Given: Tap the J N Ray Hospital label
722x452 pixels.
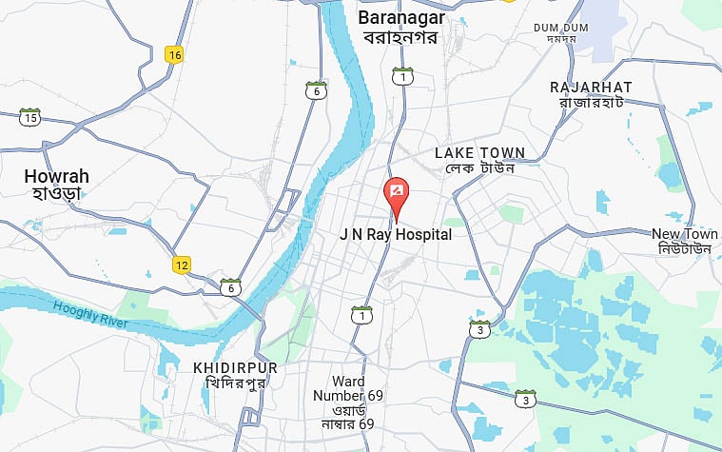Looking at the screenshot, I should (396, 234).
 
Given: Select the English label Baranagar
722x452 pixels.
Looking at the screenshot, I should (399, 17).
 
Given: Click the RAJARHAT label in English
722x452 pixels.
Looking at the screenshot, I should (591, 87).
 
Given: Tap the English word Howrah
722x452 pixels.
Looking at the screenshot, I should (56, 176).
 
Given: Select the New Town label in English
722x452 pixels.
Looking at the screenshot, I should (685, 233).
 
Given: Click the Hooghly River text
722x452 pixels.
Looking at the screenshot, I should (89, 313).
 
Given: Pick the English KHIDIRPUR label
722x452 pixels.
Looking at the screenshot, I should (235, 367).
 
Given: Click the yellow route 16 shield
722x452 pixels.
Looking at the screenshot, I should (173, 54).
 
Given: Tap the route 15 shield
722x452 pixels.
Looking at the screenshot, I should (30, 118).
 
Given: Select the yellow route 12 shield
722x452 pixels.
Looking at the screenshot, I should (182, 265).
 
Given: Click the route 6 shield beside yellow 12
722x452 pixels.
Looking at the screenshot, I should (229, 286).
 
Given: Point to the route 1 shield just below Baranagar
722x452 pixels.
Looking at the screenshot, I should (403, 77).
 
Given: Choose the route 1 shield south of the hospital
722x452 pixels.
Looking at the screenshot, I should (361, 314).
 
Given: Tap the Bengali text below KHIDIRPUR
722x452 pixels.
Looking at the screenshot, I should (234, 383).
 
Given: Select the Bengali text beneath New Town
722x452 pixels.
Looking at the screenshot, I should (685, 249).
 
